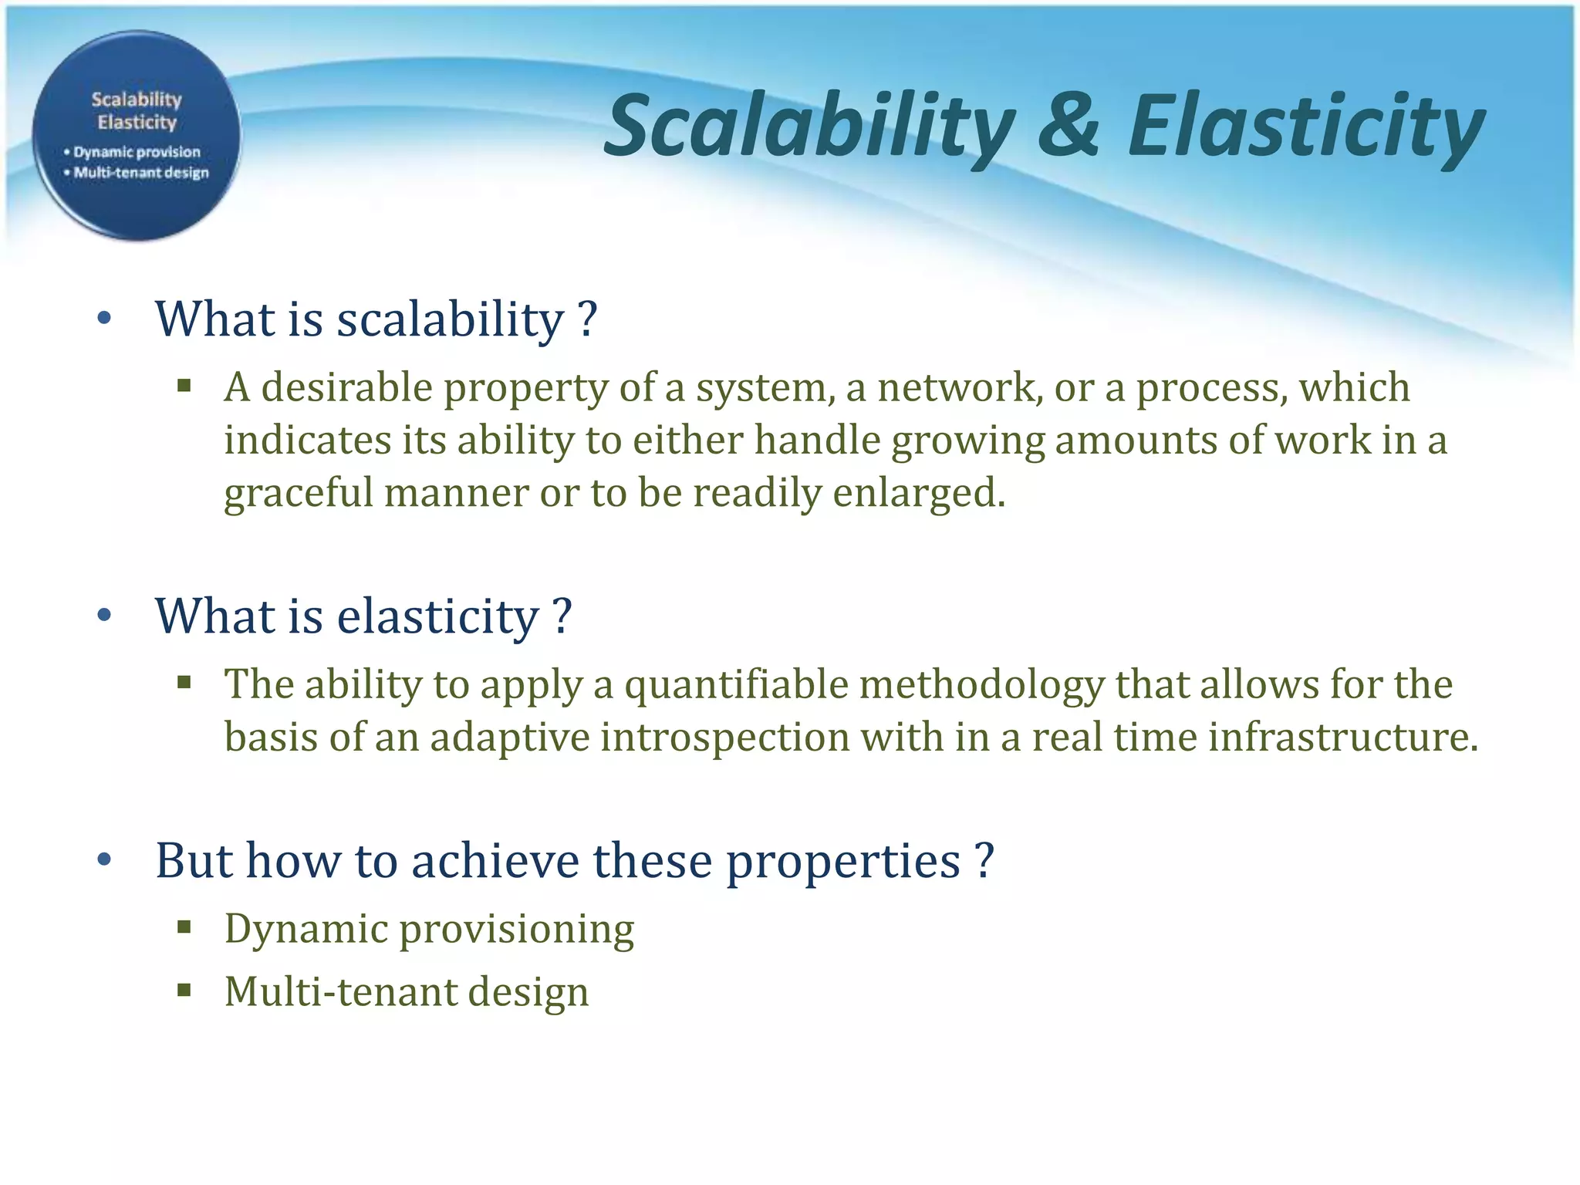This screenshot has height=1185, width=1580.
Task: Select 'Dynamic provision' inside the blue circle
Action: click(137, 152)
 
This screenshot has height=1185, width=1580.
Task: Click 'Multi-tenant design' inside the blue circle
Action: click(141, 172)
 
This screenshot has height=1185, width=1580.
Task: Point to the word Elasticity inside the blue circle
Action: click(137, 122)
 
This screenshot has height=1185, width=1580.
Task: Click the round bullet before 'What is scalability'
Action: click(105, 318)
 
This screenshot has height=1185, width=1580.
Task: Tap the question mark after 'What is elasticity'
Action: click(562, 616)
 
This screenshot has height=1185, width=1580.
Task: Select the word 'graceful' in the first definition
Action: click(298, 493)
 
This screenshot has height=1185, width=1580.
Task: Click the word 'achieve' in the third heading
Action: click(495, 860)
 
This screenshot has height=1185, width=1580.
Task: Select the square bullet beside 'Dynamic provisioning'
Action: click(184, 927)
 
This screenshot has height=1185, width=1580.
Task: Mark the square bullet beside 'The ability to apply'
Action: click(184, 682)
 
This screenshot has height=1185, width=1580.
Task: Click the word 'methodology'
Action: click(981, 684)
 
